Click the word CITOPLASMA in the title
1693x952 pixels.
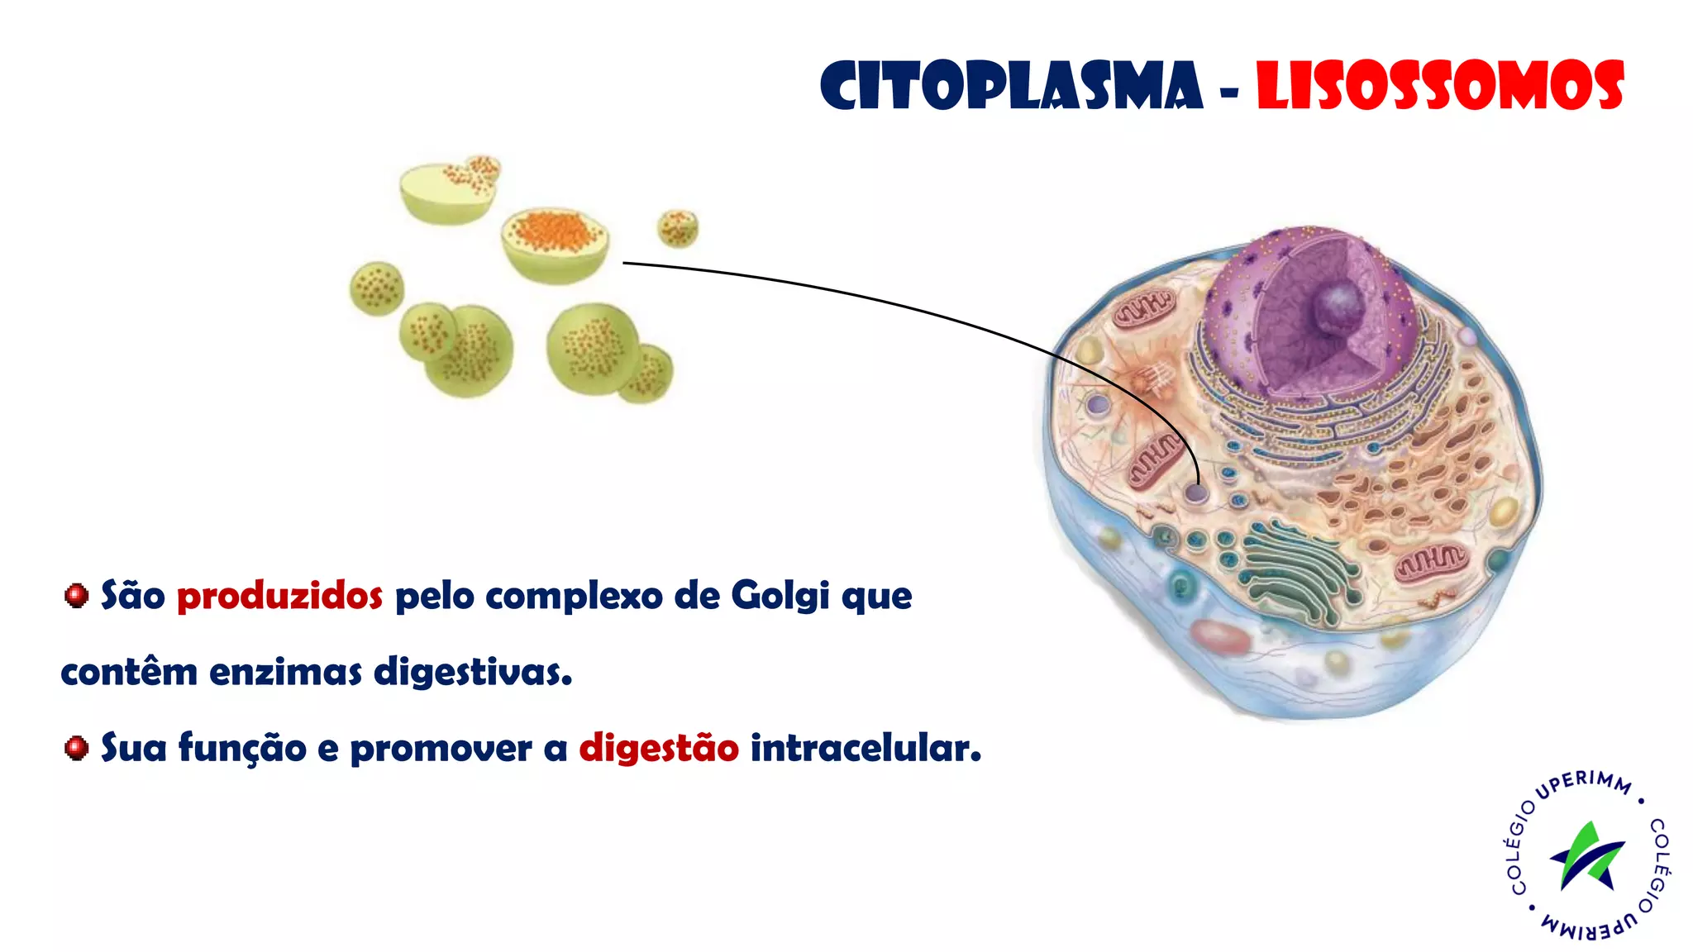[1011, 86]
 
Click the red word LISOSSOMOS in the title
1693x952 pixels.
[1439, 86]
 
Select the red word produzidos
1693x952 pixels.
[279, 596]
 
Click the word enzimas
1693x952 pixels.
[285, 671]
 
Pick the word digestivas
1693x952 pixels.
[472, 671]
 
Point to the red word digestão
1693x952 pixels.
[658, 748]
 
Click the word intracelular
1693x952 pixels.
[865, 748]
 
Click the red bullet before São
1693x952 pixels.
[76, 595]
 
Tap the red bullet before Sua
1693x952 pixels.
[76, 748]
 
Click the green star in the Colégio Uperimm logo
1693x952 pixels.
[1587, 855]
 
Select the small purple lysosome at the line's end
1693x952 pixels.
[1196, 493]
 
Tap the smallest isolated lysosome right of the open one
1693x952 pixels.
[678, 227]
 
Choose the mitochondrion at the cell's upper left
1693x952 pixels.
[1143, 309]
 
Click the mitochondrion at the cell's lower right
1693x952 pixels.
[1430, 562]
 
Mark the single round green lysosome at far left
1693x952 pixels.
[377, 288]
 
